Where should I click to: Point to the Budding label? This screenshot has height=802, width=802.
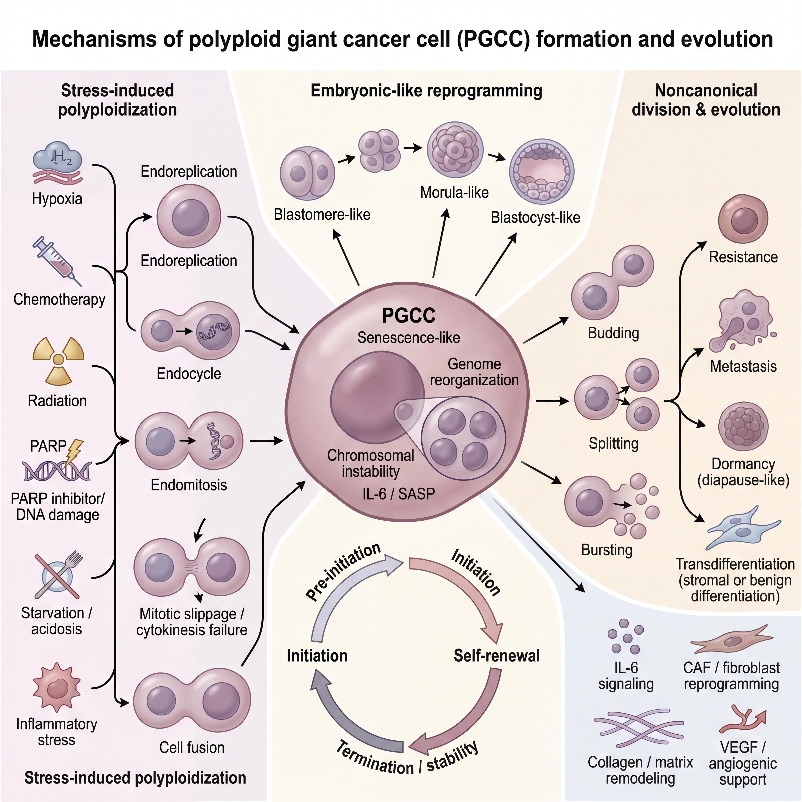point(613,333)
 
